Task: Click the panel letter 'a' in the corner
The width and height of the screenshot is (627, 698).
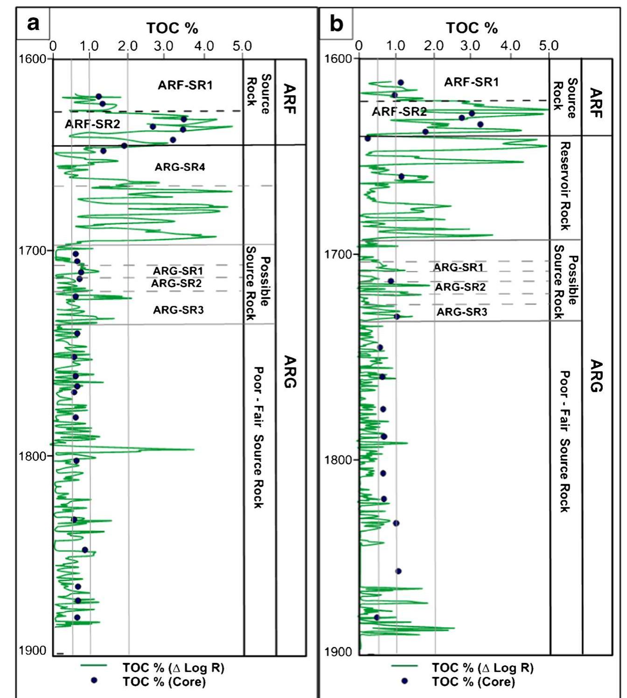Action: (33, 23)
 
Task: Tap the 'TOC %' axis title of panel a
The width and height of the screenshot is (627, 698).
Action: (172, 28)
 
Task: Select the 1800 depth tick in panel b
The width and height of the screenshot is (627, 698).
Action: (339, 460)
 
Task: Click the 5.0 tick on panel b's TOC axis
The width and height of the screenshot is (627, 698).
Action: (549, 46)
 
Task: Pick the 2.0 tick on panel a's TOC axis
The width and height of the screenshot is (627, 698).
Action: (128, 46)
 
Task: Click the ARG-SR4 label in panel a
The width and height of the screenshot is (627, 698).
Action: (180, 167)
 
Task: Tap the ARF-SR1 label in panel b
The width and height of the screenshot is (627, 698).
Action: (471, 82)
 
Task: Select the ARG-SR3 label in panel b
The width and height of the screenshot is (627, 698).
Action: (461, 312)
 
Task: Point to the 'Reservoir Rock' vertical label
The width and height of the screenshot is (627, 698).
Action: (564, 186)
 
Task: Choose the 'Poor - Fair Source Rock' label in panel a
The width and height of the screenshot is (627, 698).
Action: (258, 437)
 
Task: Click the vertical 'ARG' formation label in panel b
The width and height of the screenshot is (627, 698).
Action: (596, 376)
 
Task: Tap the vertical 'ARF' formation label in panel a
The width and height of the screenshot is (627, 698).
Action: (290, 99)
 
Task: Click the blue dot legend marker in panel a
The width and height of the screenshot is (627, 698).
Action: (94, 681)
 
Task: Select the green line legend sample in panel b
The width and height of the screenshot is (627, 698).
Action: (404, 667)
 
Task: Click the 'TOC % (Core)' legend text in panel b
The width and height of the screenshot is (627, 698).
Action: (473, 682)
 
